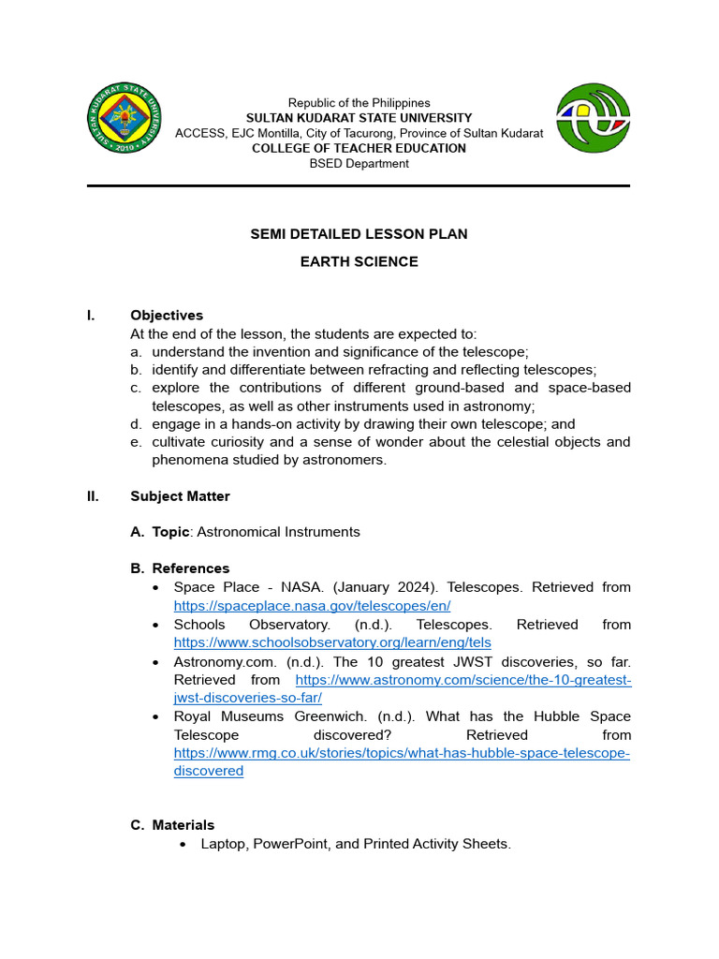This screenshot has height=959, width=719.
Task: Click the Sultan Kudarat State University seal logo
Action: point(125,119)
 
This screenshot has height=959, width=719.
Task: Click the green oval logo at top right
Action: point(593,118)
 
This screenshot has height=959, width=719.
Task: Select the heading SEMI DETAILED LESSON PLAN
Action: point(359,234)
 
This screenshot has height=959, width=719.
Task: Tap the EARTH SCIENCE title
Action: point(359,262)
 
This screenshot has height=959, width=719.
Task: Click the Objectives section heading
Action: point(166,316)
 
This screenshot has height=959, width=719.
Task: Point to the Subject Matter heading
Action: point(180,496)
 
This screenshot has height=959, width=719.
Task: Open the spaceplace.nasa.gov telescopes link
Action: point(312,606)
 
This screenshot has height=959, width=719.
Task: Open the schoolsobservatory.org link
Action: point(332,642)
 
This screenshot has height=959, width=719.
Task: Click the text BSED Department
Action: point(359,164)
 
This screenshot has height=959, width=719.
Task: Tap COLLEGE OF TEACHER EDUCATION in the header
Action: point(359,148)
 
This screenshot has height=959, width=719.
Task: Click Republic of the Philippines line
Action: point(359,103)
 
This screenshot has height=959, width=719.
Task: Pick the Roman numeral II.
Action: point(93,496)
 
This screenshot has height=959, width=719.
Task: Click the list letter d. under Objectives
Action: point(136,424)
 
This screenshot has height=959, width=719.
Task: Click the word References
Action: point(190,568)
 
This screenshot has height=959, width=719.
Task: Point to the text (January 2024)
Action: point(357,587)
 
